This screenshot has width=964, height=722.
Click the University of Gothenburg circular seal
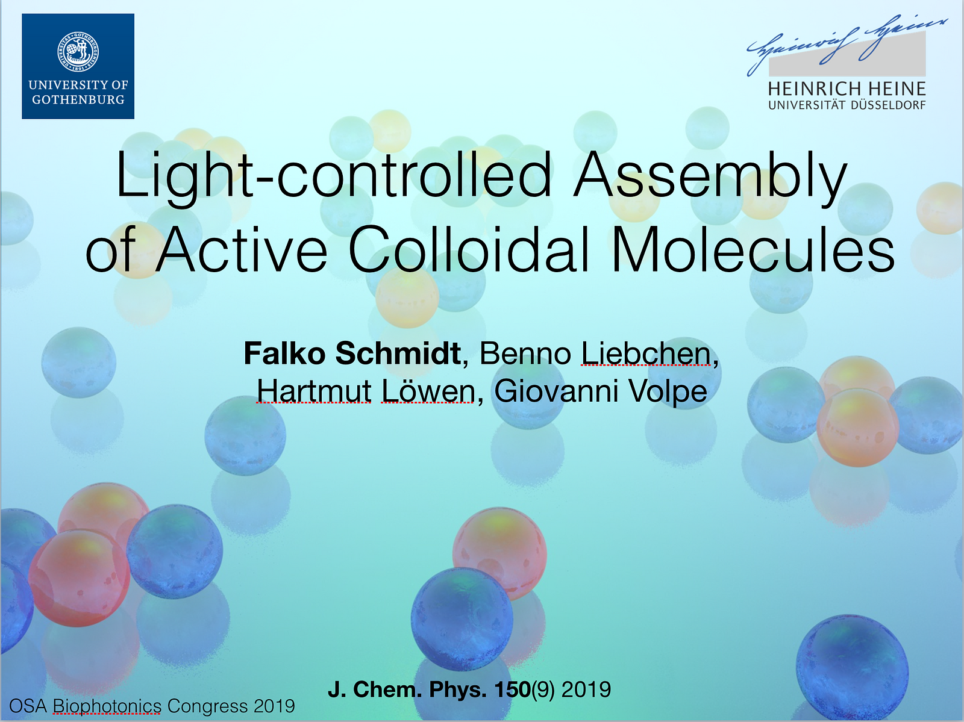click(78, 51)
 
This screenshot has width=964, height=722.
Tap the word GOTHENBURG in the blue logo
click(78, 99)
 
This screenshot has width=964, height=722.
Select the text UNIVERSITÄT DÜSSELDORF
click(847, 105)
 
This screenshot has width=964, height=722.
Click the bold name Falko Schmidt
click(352, 353)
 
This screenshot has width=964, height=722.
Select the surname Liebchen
click(646, 353)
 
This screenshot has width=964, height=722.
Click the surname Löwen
click(428, 391)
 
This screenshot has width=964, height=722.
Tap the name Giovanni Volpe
click(601, 391)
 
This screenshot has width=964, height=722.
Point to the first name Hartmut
click(314, 391)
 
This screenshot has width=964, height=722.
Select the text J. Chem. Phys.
click(407, 689)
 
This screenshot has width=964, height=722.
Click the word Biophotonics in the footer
click(107, 706)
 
